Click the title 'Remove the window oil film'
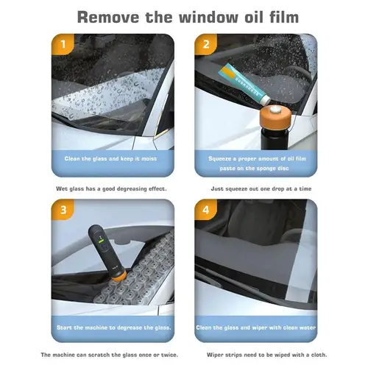184,15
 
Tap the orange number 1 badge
63,44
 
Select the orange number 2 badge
207,44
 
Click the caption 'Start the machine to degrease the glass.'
112,326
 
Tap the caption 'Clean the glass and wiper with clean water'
255,326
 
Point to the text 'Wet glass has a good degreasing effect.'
112,188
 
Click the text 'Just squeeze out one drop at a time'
255,188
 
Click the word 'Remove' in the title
110,15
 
